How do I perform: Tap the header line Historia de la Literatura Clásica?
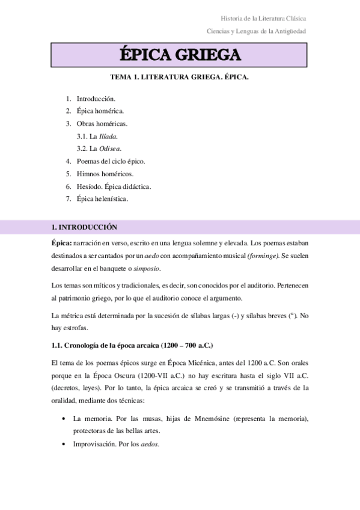(x=264, y=19)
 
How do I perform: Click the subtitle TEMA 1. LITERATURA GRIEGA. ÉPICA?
(x=180, y=78)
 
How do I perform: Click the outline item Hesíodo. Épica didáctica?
(x=114, y=186)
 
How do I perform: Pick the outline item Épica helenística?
(x=102, y=198)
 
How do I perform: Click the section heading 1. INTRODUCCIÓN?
(x=85, y=227)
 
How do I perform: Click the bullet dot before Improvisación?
(x=64, y=444)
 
